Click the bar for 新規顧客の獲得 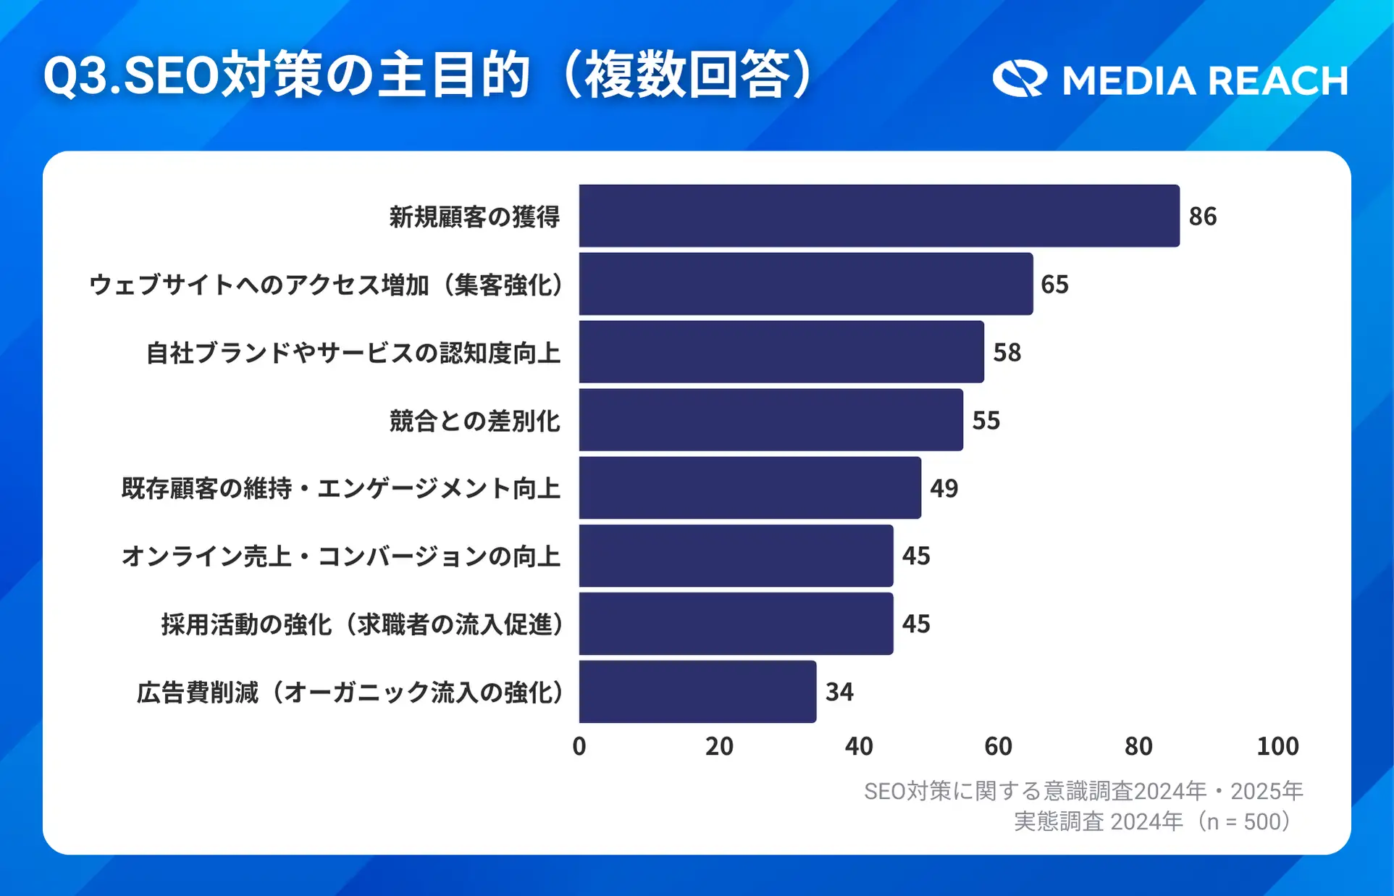click(x=879, y=216)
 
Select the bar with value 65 click(x=806, y=284)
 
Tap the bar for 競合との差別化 click(x=771, y=420)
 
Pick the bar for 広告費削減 click(x=697, y=692)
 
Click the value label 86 click(x=1203, y=216)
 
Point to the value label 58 click(x=1007, y=353)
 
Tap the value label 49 click(x=944, y=488)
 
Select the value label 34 click(x=839, y=692)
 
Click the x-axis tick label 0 click(x=579, y=746)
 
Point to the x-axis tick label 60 click(x=998, y=746)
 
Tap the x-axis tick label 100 click(x=1277, y=746)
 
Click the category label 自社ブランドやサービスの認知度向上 click(x=353, y=353)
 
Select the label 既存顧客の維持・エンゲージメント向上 click(x=341, y=488)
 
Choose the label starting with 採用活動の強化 click(x=362, y=624)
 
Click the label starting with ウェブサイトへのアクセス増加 click(x=326, y=285)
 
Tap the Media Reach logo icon click(x=1020, y=79)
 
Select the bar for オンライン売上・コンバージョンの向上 click(x=736, y=556)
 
